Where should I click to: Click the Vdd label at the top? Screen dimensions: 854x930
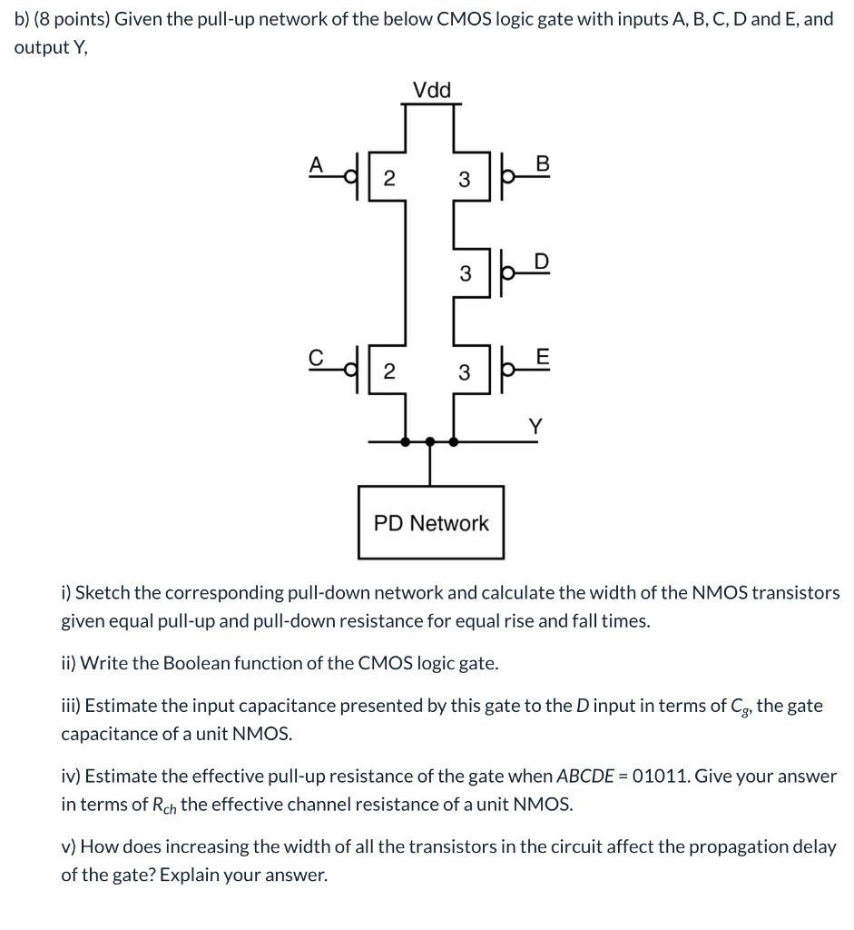[x=431, y=90]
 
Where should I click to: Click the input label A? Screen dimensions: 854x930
[x=316, y=163]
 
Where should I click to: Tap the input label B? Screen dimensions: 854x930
[x=543, y=163]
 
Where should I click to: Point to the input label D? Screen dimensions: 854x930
[x=541, y=261]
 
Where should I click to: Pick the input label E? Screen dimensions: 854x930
[x=543, y=357]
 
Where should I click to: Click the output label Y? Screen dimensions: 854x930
[x=536, y=424]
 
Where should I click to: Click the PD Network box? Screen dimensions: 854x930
[x=431, y=522]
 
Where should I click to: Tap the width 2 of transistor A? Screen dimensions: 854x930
[x=388, y=179]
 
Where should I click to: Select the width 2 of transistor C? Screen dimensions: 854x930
[x=388, y=371]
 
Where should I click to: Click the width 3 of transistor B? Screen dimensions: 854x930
[x=464, y=180]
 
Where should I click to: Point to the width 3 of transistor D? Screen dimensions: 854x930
[x=464, y=273]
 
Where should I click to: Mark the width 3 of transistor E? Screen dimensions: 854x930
[x=464, y=372]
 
